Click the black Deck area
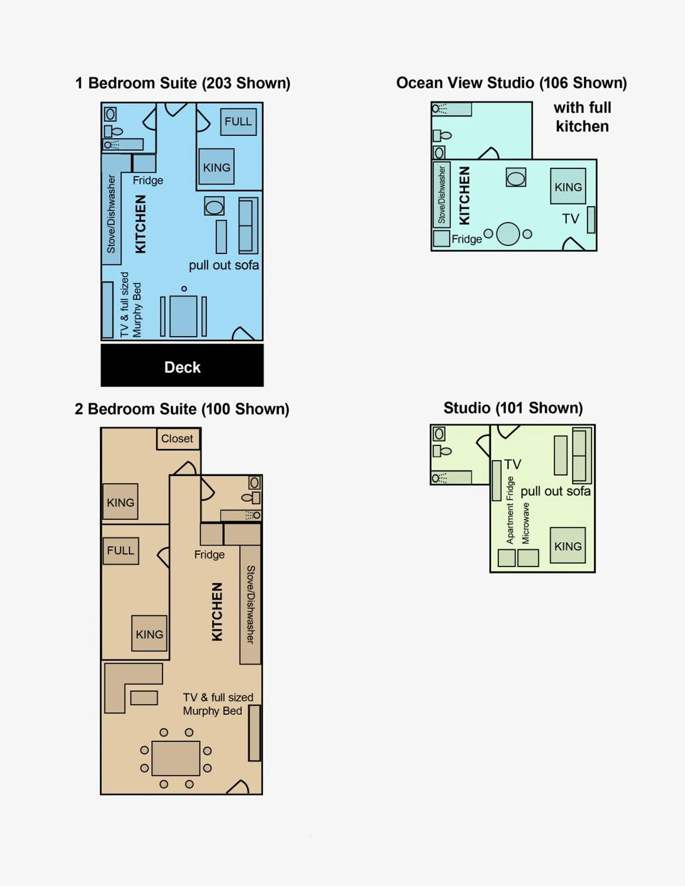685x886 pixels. coord(182,365)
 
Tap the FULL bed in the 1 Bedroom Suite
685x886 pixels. coord(238,122)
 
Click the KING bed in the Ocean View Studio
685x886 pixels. coord(568,186)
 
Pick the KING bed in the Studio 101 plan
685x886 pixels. coord(568,545)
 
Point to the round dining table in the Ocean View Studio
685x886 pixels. coord(508,234)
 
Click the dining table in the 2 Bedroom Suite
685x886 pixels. coord(176,758)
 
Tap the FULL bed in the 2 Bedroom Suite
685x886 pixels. coord(121,551)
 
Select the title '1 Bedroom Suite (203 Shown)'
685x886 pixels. coord(183,83)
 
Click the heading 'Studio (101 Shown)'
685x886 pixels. coord(513,408)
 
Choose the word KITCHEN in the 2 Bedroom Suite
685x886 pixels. coord(217,612)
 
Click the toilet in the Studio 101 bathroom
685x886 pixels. coord(442,451)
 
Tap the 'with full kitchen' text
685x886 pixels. coord(582,117)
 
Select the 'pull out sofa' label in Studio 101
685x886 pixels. coord(555,491)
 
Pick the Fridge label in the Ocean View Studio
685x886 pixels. coord(467,239)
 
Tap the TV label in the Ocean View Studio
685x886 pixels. coord(571,219)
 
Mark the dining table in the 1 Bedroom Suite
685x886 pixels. coord(184,316)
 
